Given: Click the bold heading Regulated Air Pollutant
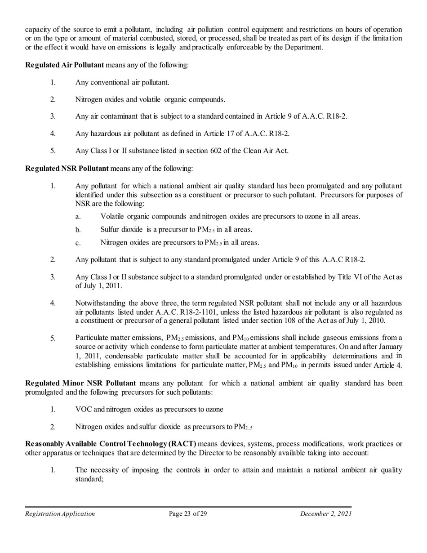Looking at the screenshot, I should [64, 65].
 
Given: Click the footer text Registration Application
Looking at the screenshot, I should [60, 514].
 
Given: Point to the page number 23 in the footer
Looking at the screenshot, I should [187, 514].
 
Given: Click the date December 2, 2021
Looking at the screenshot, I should [326, 514].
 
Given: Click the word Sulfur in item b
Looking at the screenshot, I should [110, 230].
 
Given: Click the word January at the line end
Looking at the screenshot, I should [389, 347].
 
